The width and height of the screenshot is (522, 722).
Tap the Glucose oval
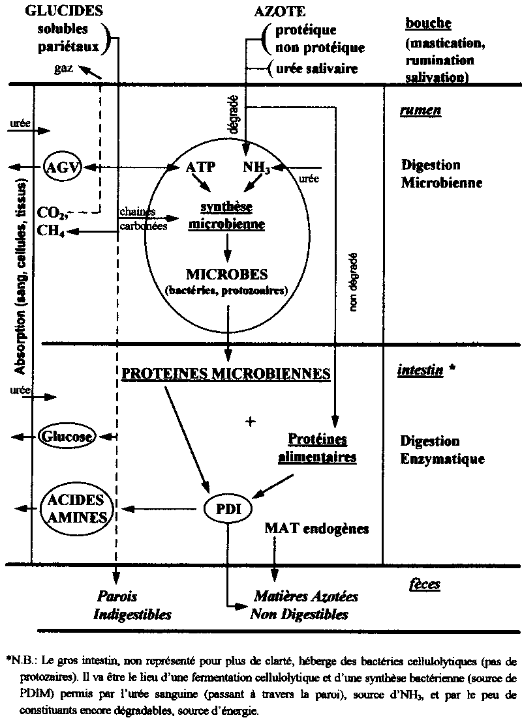pos(67,437)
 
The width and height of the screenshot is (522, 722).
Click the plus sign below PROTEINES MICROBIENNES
pos(249,421)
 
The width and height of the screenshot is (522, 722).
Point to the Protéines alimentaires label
pos(317,448)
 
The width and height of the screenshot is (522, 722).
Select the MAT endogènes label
pos(316,528)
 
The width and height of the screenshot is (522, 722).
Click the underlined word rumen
pos(420,110)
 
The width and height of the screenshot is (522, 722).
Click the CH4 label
pos(50,229)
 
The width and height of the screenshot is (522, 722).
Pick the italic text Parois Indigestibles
pos(132,605)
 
